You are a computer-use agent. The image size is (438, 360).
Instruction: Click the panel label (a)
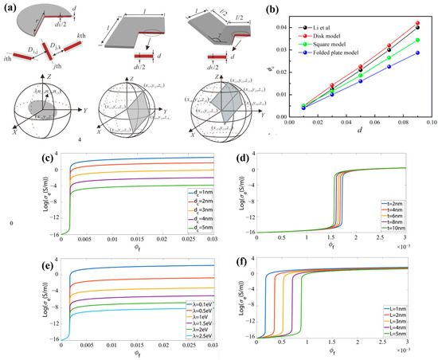[10, 7]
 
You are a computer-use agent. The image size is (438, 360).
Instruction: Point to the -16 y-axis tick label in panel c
[45, 232]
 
